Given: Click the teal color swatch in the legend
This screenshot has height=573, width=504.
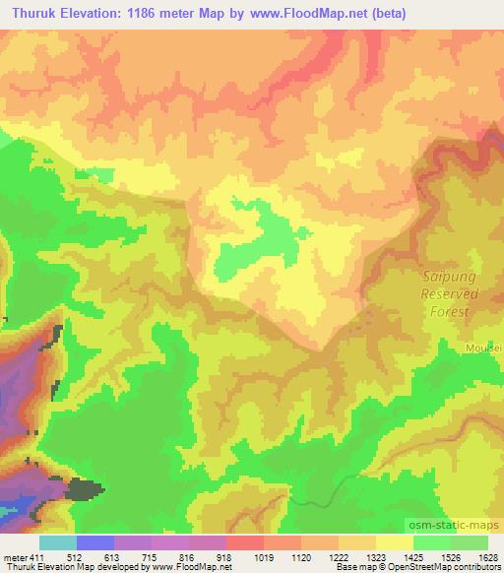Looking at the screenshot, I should (57, 542).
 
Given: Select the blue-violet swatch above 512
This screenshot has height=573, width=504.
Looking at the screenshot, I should (94, 542).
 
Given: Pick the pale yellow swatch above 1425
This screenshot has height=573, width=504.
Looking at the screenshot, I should (394, 542).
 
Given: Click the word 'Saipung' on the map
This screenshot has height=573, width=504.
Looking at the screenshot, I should (449, 277).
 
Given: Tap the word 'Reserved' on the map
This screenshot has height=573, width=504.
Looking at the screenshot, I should (449, 293).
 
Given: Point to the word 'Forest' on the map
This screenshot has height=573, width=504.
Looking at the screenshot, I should (449, 310).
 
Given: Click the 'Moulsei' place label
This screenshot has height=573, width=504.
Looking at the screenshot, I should (484, 348).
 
